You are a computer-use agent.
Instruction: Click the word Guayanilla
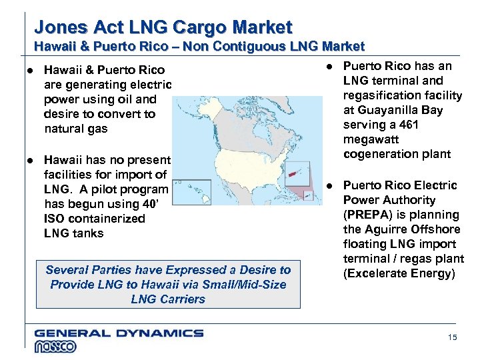pos(385,110)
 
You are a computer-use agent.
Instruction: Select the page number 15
pos(453,338)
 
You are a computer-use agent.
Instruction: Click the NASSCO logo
pos(55,346)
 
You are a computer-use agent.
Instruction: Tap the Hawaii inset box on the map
pos(191,191)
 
